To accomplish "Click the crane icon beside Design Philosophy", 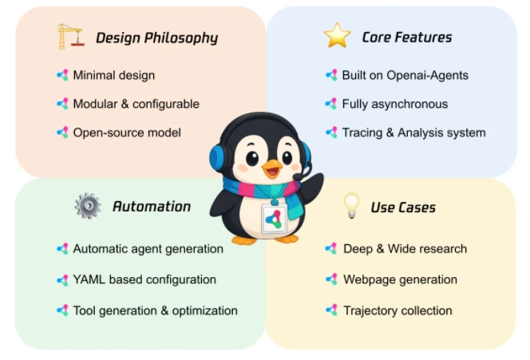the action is click(71, 37).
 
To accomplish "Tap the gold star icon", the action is click(337, 35).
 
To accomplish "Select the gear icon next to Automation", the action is click(88, 206).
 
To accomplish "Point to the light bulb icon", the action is click(351, 206).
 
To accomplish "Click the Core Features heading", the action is click(407, 38).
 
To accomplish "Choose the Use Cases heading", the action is click(403, 208).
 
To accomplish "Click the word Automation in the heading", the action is click(152, 207).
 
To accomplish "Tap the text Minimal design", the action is click(114, 75).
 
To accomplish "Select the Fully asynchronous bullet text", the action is click(395, 104).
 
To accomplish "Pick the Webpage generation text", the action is click(400, 279).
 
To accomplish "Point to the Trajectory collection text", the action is click(397, 311).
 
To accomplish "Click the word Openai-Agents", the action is click(427, 75).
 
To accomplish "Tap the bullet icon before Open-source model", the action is click(62, 133).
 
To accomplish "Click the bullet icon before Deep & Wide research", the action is click(331, 249).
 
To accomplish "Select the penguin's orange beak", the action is click(272, 168).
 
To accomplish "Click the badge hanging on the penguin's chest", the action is click(274, 219).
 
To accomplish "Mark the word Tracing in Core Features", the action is click(362, 133).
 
